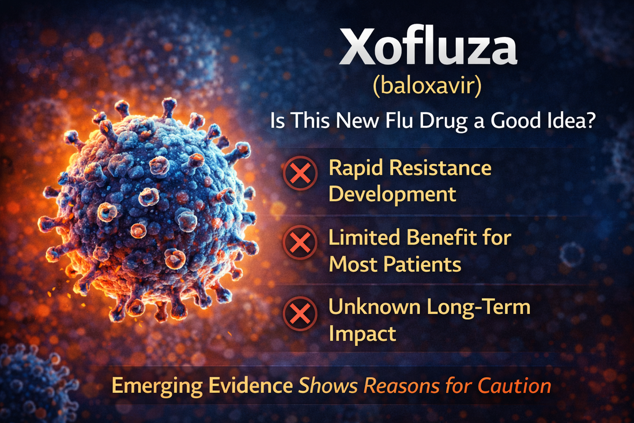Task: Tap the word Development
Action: point(392,194)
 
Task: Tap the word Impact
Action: point(361,334)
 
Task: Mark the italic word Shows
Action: point(323,385)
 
